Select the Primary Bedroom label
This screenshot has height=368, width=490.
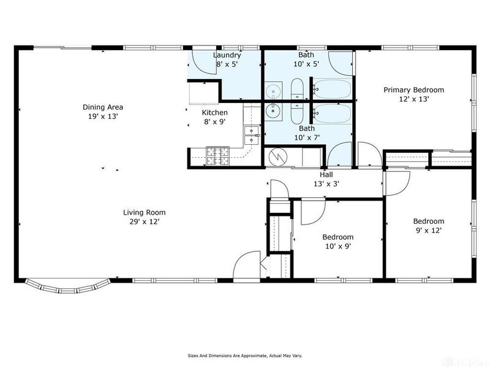coord(413,90)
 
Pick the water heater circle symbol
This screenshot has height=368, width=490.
coord(277,158)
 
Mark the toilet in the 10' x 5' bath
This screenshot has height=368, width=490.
coord(298,89)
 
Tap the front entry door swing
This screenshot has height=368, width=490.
coord(247,265)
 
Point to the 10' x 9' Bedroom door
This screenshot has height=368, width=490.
coord(313,212)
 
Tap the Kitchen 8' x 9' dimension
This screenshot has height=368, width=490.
coord(214,122)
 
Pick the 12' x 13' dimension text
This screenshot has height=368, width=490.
coord(413,99)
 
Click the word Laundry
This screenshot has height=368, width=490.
coord(227,55)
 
